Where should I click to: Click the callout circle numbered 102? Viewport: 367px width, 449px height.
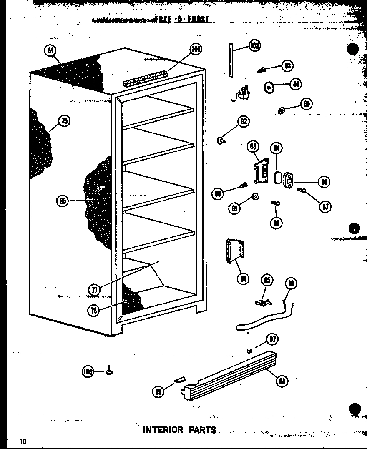click(x=254, y=45)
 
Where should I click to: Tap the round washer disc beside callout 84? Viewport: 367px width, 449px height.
click(x=269, y=88)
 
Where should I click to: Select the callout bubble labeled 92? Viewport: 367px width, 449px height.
click(x=243, y=121)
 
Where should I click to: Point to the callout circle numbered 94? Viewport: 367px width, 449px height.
click(x=276, y=148)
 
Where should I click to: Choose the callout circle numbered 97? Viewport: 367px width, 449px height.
click(x=273, y=339)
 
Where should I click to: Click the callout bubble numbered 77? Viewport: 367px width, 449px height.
click(x=95, y=289)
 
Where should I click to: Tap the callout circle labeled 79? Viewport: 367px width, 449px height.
click(x=64, y=121)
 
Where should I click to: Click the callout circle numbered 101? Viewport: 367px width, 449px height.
click(x=195, y=50)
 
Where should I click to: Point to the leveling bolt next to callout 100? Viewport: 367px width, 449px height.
click(x=109, y=370)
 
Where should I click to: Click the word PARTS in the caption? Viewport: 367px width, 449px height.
click(x=202, y=430)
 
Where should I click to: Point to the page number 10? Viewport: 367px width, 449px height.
click(x=22, y=441)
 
